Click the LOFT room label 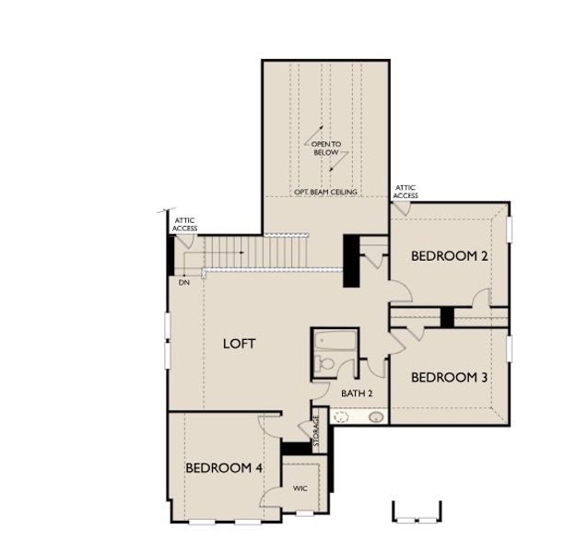[x=240, y=344]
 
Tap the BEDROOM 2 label [x=449, y=256]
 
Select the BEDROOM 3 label [x=449, y=377]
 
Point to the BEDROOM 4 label [x=224, y=468]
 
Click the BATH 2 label [x=357, y=393]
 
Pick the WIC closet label [x=300, y=488]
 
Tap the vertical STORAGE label [x=316, y=430]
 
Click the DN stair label [x=184, y=283]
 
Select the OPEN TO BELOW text [x=326, y=148]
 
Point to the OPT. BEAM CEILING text [x=325, y=192]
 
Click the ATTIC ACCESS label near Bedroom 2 [x=406, y=191]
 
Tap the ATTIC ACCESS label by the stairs [x=184, y=224]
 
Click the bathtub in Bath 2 [x=335, y=340]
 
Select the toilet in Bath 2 [x=324, y=363]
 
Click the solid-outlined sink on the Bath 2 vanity [x=376, y=418]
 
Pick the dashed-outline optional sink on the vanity [x=341, y=417]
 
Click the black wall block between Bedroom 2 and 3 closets [x=447, y=317]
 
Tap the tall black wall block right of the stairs [x=351, y=261]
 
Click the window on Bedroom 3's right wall [x=509, y=348]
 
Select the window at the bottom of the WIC [x=304, y=513]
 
